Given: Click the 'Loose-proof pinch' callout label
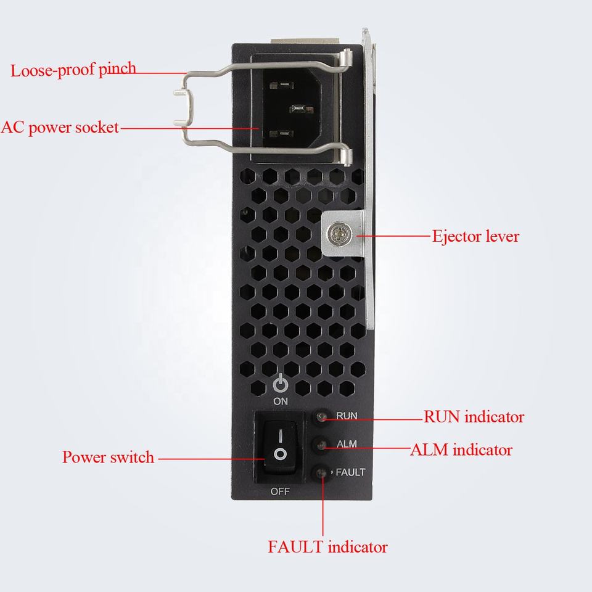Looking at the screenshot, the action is click(73, 69).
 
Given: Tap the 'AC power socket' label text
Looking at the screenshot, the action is click(60, 128).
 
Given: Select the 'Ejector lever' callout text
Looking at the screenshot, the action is click(475, 236).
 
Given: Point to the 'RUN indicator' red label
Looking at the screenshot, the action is click(474, 417).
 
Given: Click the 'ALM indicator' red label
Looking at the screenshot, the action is click(461, 450).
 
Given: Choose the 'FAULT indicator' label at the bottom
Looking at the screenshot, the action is click(327, 546).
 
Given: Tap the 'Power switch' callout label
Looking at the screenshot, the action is click(108, 458).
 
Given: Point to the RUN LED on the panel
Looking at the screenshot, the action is click(321, 417).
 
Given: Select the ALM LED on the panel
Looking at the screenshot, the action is click(321, 444).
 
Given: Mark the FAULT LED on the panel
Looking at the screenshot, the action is click(321, 473).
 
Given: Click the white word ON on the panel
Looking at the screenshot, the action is click(281, 400).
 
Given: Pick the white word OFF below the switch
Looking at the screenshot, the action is click(281, 491).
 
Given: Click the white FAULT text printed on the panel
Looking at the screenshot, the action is click(350, 472).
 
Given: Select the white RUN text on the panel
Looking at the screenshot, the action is click(347, 416).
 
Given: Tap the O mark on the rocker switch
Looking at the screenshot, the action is click(281, 455).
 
